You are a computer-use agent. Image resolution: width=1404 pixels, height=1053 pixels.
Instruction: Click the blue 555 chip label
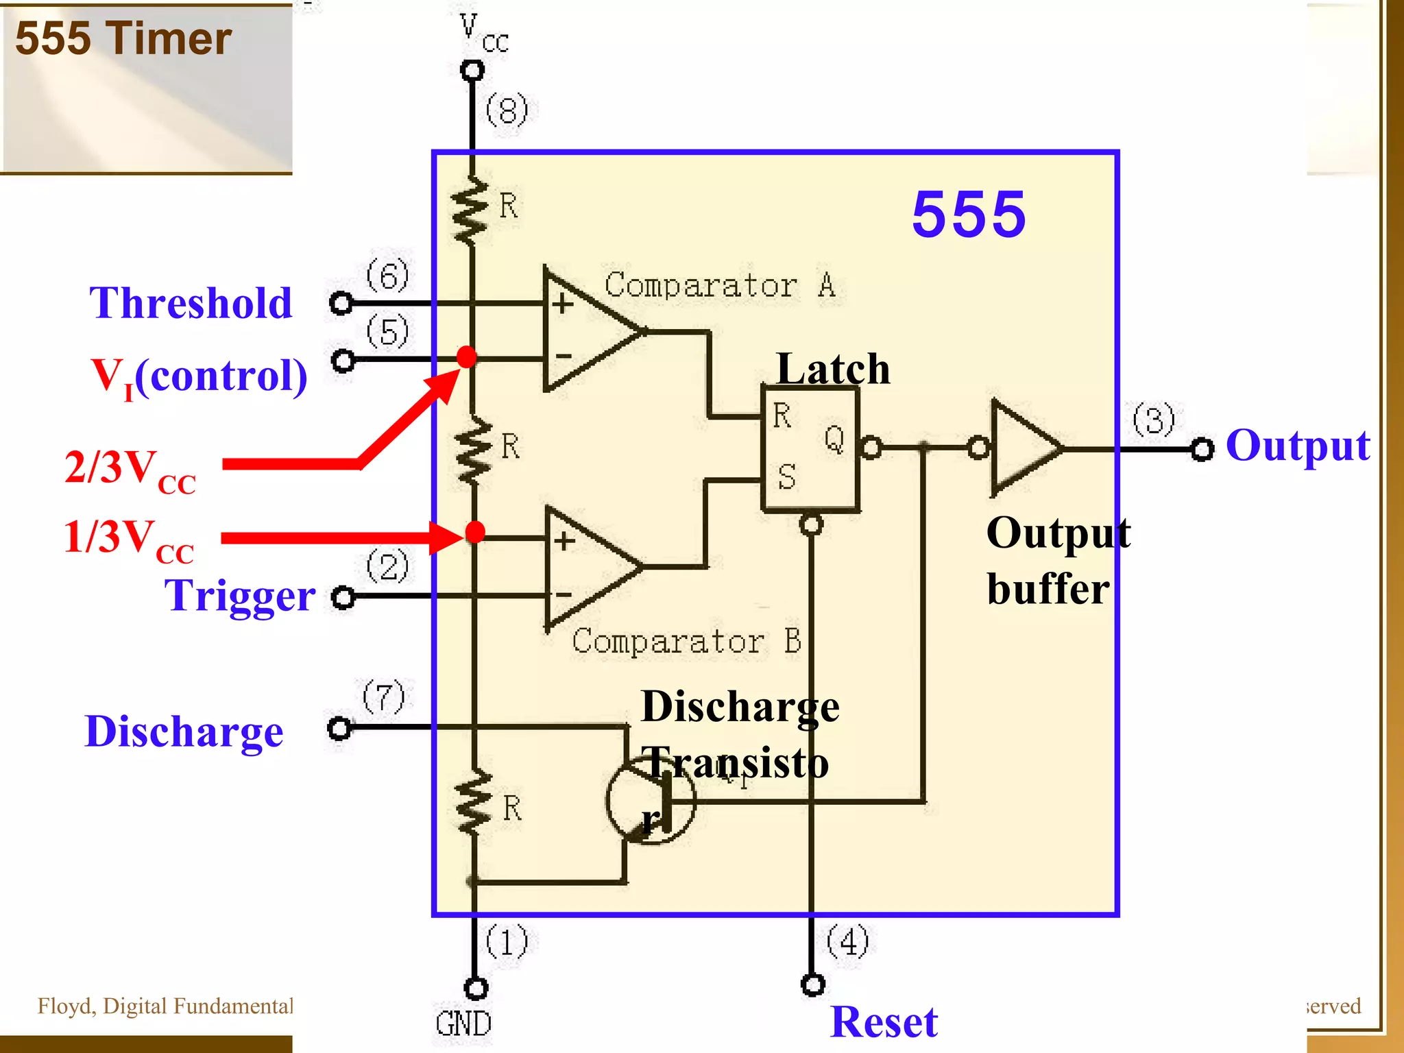point(968,215)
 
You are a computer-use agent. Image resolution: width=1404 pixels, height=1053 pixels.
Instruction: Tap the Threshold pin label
point(191,303)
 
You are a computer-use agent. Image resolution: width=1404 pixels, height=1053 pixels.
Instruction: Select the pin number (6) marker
point(387,276)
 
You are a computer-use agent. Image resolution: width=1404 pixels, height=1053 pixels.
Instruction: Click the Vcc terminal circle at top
point(472,70)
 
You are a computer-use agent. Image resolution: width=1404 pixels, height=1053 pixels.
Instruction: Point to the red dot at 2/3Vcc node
point(466,356)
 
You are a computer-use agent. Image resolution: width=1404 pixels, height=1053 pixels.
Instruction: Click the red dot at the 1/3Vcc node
point(474,531)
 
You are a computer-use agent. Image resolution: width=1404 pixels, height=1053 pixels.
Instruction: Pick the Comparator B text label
point(686,642)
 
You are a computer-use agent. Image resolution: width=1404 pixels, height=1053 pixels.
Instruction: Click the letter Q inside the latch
point(834,439)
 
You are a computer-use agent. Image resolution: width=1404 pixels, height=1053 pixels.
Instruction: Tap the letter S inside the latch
point(787,476)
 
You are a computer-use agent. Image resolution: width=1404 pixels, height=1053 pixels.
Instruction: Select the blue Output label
point(1297,446)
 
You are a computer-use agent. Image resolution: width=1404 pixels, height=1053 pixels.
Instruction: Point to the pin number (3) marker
point(1154,420)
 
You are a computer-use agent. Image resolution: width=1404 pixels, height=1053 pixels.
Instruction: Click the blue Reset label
point(884,1021)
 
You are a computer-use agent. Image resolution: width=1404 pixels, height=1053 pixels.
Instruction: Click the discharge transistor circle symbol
point(650,800)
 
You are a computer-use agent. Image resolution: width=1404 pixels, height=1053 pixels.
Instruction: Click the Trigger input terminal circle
point(343,597)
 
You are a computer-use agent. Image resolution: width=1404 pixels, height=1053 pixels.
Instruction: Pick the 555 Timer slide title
point(123,38)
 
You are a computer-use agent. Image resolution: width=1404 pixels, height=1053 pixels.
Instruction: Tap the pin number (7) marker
point(384,697)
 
